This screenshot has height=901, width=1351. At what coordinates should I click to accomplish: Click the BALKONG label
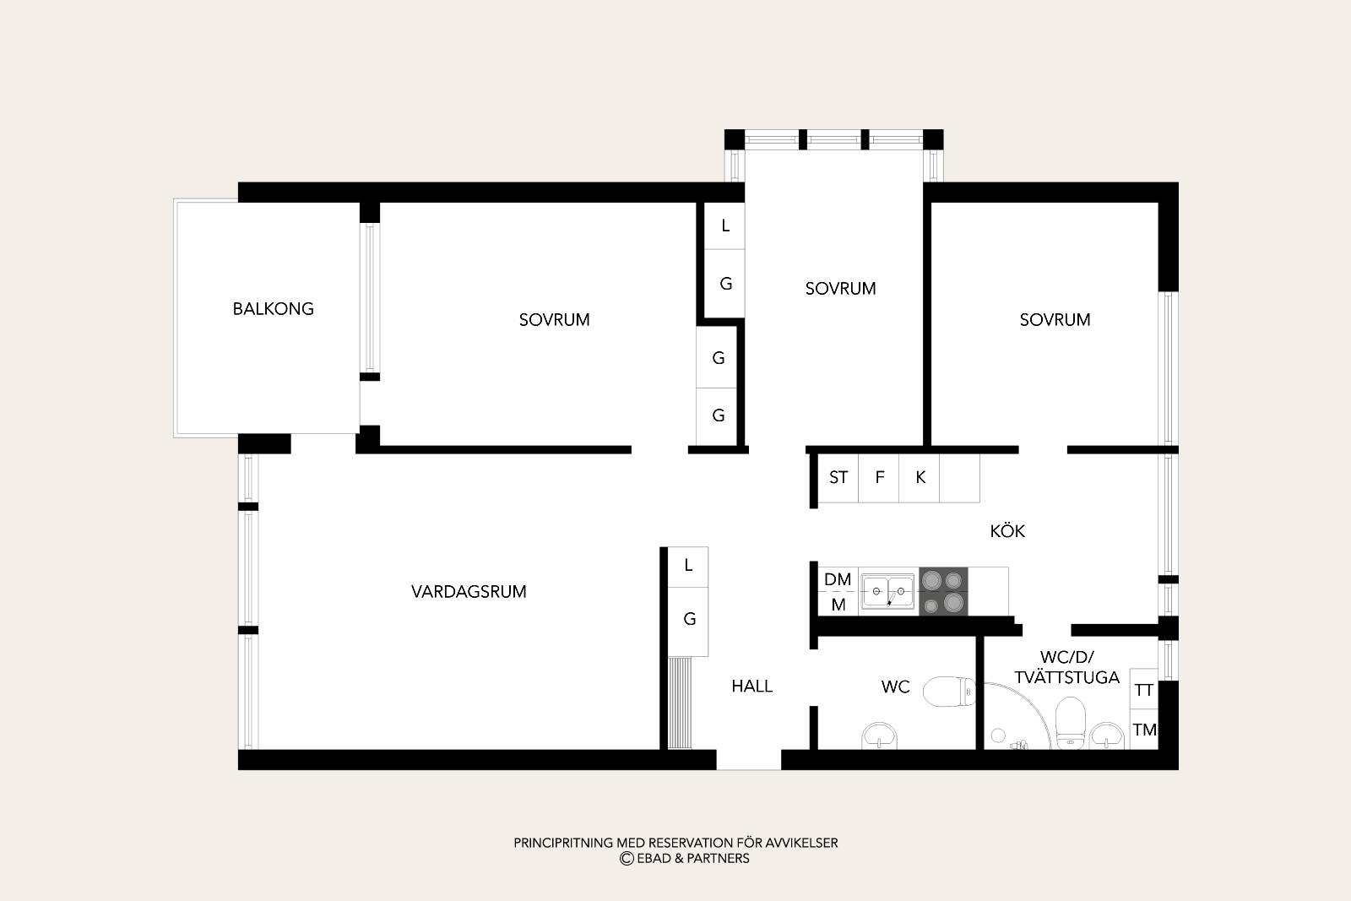(x=274, y=309)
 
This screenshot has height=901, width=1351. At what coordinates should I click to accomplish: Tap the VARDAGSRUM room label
(x=469, y=592)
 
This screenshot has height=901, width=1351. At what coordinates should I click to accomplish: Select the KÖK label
(x=1007, y=530)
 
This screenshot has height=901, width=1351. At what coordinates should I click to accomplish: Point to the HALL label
(x=751, y=686)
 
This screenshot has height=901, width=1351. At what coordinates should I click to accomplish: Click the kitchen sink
(x=888, y=592)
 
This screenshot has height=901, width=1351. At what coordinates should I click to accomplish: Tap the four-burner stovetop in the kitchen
(x=943, y=591)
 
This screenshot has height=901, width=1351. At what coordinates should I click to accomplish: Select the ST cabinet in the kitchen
(x=838, y=478)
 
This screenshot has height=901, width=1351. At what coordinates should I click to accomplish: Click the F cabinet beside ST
(x=879, y=478)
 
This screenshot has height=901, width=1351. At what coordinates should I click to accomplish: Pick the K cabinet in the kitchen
(x=920, y=478)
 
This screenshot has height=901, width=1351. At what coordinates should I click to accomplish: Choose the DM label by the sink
(x=837, y=579)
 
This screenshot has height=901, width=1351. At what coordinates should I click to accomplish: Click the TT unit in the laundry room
(x=1144, y=689)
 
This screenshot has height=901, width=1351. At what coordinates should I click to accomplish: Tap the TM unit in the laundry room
(x=1144, y=730)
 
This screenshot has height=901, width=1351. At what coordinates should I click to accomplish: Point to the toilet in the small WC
(x=949, y=691)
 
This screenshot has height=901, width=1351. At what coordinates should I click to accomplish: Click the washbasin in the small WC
(x=879, y=736)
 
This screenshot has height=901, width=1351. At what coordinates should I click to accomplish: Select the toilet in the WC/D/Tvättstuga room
(x=1071, y=723)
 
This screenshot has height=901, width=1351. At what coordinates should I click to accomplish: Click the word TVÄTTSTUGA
(x=1066, y=677)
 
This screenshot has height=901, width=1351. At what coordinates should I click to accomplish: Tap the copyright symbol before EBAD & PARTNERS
(x=627, y=858)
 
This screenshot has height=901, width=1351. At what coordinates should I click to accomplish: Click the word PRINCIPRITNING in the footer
(x=563, y=843)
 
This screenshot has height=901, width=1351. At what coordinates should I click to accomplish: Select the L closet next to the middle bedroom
(x=725, y=225)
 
